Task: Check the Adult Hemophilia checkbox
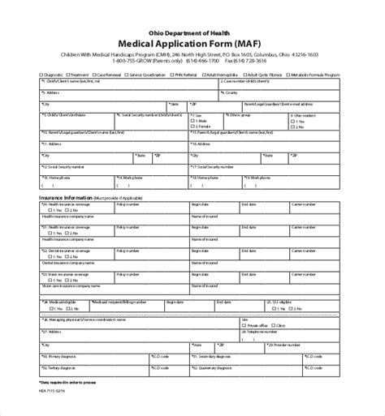coord(205,74)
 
